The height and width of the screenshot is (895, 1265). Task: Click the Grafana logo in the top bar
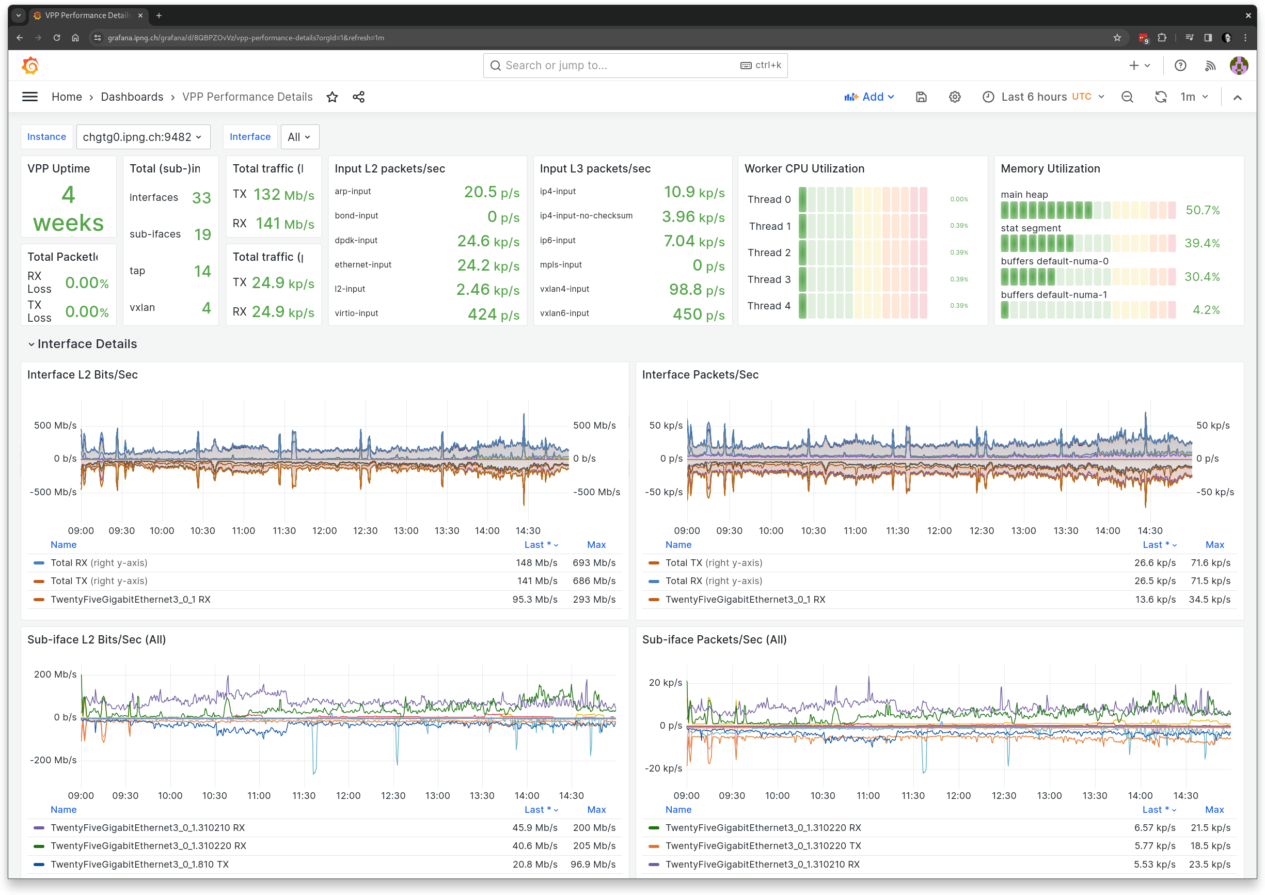click(30, 66)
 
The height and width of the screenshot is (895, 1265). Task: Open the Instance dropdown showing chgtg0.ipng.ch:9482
click(143, 137)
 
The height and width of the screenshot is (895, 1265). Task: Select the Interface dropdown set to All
click(299, 137)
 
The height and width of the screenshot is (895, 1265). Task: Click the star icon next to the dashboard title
click(332, 97)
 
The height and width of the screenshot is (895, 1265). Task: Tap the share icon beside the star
click(359, 97)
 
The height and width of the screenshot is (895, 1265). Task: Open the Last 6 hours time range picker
click(1043, 97)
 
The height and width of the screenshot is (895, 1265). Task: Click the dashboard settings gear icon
click(954, 97)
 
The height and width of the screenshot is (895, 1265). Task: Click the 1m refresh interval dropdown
click(1194, 97)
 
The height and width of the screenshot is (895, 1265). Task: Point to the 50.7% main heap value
click(1202, 210)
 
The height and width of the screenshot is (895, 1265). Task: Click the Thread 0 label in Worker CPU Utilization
click(769, 199)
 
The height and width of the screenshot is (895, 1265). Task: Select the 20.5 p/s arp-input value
click(491, 192)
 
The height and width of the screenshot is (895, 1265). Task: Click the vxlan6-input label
click(564, 313)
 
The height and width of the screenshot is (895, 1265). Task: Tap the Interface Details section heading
click(87, 344)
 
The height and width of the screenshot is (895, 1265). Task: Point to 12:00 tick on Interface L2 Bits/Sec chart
click(325, 531)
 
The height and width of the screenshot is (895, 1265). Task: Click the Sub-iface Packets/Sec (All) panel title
click(714, 639)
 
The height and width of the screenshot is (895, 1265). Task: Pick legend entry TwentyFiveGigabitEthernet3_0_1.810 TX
click(139, 864)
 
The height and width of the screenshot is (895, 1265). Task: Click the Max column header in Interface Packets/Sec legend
click(1214, 544)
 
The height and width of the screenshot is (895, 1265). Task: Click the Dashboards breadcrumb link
click(132, 97)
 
